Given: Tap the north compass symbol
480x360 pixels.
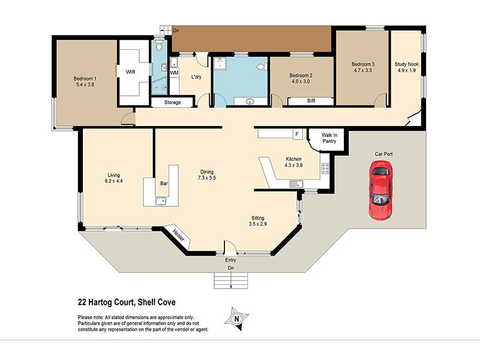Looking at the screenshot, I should point(237,318).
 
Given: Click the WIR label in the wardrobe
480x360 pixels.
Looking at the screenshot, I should point(130,72).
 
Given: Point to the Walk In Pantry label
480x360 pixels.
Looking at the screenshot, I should point(329,139).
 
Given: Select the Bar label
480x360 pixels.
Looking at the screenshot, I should point(163,183).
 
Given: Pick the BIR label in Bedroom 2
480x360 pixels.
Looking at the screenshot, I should point(311,101).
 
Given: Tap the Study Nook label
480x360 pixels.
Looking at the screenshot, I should point(405,64).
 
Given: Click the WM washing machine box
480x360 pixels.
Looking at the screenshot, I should point(174,73).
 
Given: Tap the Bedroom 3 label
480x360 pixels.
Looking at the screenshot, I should point(363,64).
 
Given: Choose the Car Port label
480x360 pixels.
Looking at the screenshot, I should point(384,154).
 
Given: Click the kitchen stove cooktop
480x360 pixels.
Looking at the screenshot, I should point(325,167).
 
